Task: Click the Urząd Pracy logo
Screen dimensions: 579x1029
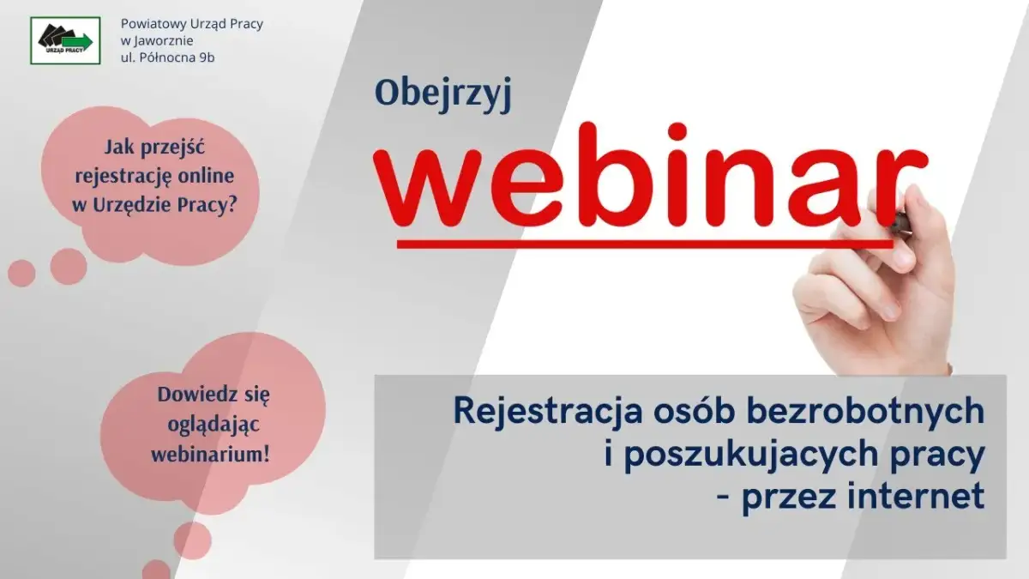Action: coord(65,40)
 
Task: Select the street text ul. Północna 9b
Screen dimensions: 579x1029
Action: coord(168,57)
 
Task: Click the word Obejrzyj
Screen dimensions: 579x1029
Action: coord(442,96)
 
